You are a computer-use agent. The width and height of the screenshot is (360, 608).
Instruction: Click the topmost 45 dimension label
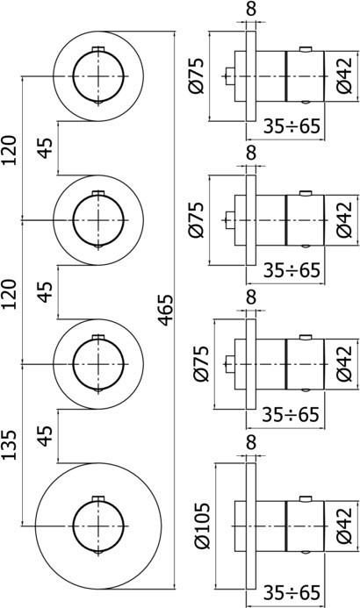[44, 144]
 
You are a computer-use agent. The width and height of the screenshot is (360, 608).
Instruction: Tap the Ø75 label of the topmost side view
[201, 77]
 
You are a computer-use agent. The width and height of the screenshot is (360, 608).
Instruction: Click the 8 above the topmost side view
[251, 11]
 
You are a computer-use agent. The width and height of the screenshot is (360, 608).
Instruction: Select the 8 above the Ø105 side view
[251, 446]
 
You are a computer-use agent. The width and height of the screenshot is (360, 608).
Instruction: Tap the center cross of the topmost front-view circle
[97, 76]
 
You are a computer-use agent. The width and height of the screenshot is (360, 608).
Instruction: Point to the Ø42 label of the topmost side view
[345, 77]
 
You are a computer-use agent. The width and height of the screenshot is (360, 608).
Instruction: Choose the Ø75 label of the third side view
[201, 362]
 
